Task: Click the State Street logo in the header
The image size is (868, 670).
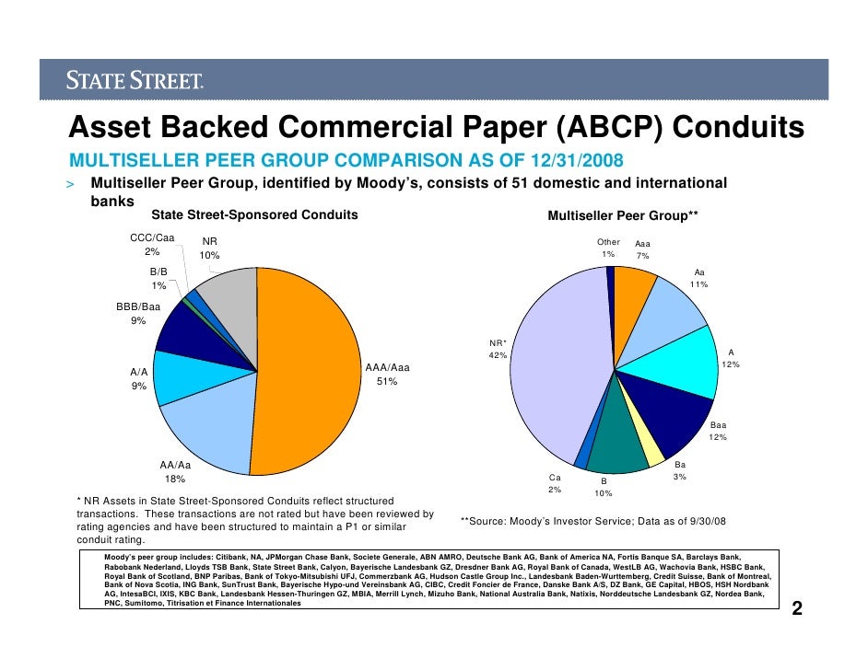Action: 135,81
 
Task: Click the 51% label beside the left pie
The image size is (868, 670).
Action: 387,382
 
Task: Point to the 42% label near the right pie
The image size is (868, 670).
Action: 498,356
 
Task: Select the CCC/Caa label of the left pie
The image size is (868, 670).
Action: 152,237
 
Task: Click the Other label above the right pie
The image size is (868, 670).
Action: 608,242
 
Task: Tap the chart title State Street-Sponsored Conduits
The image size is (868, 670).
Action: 254,215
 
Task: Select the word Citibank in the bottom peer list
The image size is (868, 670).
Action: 236,558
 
